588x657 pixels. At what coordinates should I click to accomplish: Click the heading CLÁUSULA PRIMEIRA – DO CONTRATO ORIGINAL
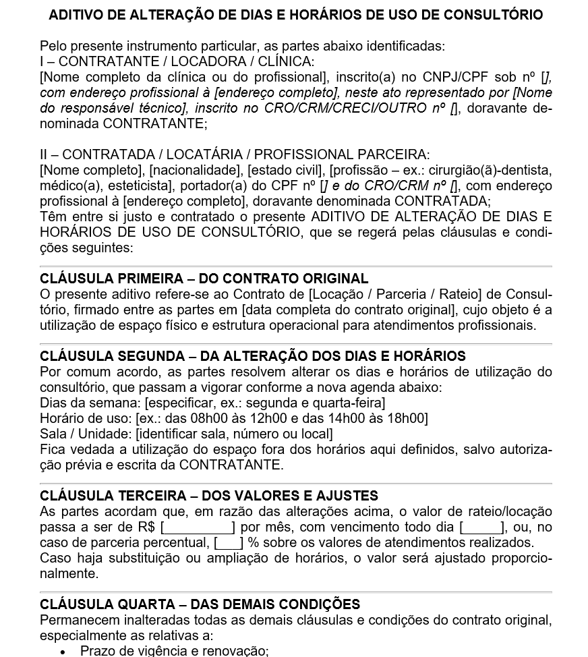pos(204,279)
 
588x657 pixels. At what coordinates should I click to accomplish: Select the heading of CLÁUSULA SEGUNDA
pos(252,356)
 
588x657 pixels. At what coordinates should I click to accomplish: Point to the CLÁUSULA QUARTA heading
pos(200,604)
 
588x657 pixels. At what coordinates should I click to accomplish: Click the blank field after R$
pos(198,527)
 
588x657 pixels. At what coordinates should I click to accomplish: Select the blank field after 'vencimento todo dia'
pos(481,527)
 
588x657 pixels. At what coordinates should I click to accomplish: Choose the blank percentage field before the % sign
pos(229,543)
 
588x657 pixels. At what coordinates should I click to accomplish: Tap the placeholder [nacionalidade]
pos(195,170)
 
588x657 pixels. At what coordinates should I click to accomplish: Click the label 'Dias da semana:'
pos(90,403)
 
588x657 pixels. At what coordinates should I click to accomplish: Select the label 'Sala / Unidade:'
pos(86,434)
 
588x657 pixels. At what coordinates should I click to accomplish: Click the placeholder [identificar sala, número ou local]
pos(234,434)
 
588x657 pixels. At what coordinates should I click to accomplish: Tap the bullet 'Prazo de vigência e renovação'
pos(174,651)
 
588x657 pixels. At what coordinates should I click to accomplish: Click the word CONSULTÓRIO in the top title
pos(494,15)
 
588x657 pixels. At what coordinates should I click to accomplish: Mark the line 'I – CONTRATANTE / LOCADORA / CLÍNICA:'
pos(176,61)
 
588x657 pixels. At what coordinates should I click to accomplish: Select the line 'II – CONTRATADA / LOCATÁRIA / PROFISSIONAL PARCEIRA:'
pos(235,154)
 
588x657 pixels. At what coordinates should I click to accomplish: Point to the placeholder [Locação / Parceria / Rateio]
pos(390,294)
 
